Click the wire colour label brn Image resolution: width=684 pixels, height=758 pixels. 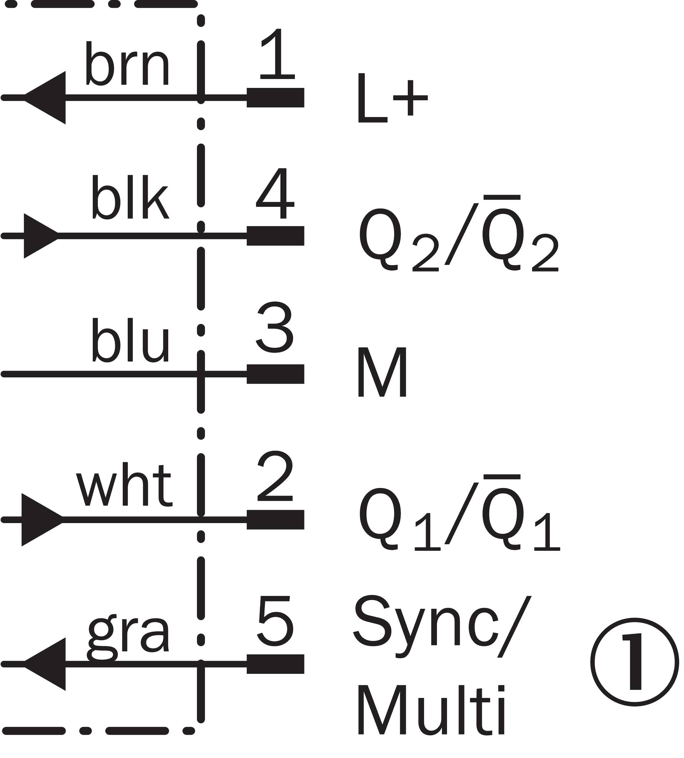click(x=128, y=64)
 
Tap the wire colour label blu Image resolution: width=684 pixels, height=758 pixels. click(x=130, y=341)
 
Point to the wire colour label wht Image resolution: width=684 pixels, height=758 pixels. click(x=124, y=485)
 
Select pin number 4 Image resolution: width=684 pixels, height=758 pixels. click(x=275, y=193)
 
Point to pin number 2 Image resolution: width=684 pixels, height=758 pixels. click(x=275, y=476)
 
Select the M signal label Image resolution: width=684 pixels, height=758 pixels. click(x=382, y=372)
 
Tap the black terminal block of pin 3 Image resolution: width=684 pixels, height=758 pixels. click(x=275, y=374)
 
